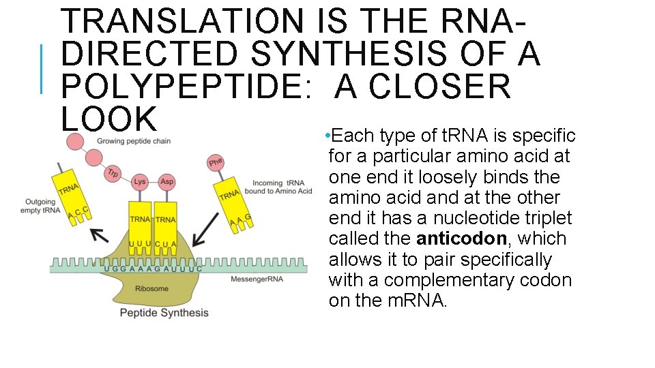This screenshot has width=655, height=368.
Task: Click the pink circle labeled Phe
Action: (216, 162)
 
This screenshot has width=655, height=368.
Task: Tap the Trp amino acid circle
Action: (113, 174)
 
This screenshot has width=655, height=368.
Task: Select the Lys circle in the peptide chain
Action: (140, 181)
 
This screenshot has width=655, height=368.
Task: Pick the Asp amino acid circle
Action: (166, 181)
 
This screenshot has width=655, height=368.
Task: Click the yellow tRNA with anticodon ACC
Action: (72, 198)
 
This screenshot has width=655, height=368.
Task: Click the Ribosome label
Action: (151, 288)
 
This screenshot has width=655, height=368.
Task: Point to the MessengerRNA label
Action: (258, 279)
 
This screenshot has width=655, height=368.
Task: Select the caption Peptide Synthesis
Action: (164, 313)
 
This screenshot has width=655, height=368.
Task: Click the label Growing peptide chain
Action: (134, 141)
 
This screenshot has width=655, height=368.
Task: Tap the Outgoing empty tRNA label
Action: (42, 206)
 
